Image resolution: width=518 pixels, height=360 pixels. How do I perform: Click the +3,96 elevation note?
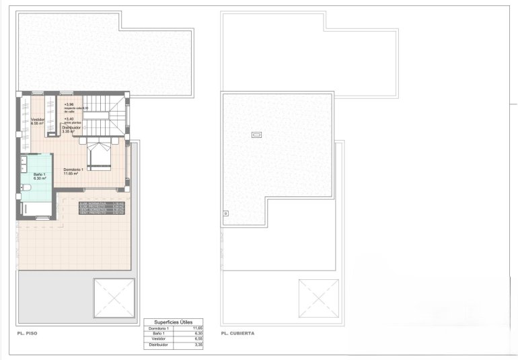pos(69,104)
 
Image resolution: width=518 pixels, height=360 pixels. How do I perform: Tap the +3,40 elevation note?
pos(69,118)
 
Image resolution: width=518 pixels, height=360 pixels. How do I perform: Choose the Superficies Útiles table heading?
pos(173,322)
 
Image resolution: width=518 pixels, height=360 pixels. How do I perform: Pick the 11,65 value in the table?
pos(197,328)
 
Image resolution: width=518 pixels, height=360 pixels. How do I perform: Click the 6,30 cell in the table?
pos(197,333)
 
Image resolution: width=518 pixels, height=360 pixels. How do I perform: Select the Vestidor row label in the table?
pos(159,338)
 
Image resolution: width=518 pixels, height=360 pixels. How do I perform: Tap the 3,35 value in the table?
pos(197,345)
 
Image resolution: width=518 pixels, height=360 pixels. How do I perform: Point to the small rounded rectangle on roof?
pos(257,135)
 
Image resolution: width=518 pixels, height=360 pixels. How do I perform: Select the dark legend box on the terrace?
pos(102,207)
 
